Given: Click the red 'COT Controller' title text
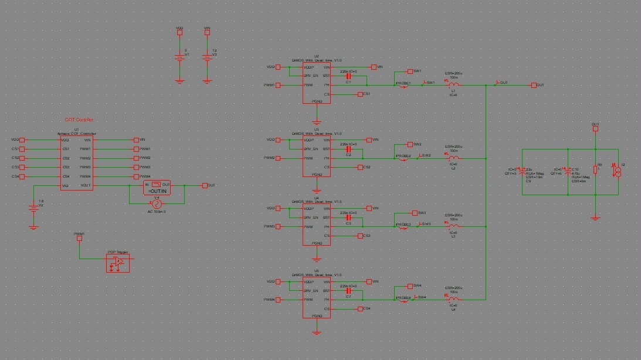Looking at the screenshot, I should [x=79, y=120].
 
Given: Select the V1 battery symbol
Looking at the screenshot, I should [x=180, y=57].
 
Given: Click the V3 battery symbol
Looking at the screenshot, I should [x=206, y=57].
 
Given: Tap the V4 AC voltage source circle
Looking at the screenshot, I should [x=157, y=203].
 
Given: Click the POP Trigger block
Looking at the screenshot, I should [x=118, y=263].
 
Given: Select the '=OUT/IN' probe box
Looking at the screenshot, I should [x=157, y=188].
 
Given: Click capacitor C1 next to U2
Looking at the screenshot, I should [x=348, y=76].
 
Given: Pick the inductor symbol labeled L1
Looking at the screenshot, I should [x=453, y=85].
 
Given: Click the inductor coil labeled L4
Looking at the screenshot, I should [x=453, y=300].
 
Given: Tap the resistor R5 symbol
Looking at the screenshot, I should [x=595, y=169].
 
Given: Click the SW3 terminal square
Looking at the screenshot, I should [x=414, y=213].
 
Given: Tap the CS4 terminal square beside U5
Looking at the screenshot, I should [x=360, y=308].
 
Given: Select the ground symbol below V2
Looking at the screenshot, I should [x=33, y=226].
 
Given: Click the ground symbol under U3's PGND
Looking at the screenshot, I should [x=317, y=190].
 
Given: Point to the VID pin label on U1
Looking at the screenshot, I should [x=66, y=186].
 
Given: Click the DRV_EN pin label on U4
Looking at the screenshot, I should [x=311, y=218].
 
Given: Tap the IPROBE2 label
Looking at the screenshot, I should [x=403, y=156].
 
